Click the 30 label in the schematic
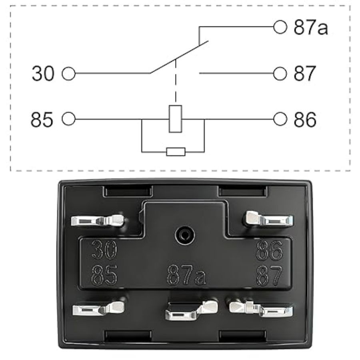(43, 74)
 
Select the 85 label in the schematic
(42, 119)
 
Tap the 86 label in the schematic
(305, 119)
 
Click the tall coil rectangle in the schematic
(175, 119)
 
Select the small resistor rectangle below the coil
(176, 152)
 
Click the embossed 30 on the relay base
(104, 251)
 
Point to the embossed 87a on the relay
(186, 275)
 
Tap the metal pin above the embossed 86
(268, 219)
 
